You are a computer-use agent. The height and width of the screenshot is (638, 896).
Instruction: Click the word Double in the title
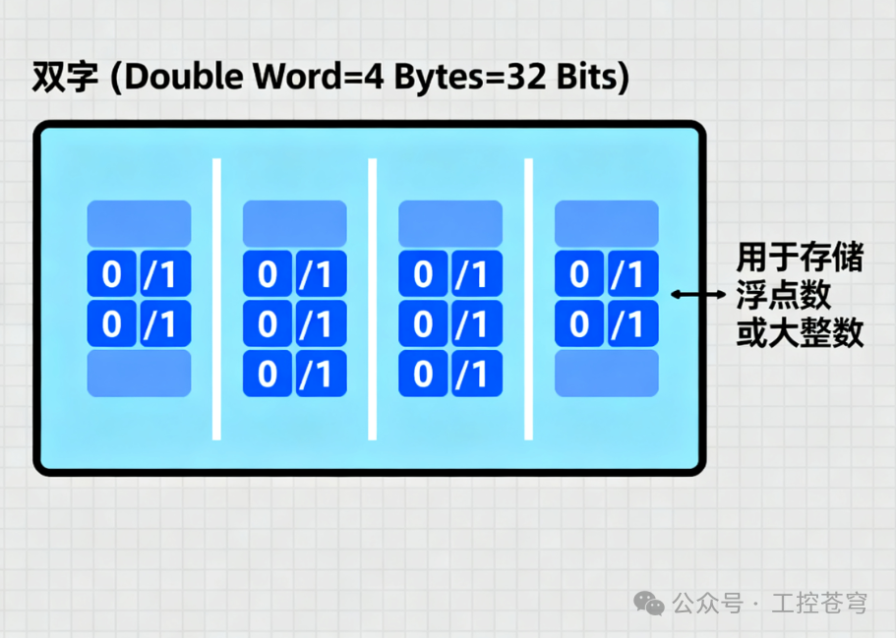pos(184,77)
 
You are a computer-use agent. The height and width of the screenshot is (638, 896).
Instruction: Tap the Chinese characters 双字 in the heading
pos(65,77)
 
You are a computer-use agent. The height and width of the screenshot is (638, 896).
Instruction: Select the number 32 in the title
pos(526,77)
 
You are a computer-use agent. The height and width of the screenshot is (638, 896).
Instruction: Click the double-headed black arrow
pos(697,295)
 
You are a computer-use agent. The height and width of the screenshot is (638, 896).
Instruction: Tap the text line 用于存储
pos(800,257)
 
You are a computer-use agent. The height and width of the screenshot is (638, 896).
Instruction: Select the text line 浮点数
pos(784,295)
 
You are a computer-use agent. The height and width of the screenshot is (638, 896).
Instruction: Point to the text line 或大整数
pos(800,332)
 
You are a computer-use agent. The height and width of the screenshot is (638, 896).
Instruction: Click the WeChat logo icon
pos(649,604)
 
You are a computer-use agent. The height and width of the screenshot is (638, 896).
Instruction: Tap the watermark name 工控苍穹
pos(819,604)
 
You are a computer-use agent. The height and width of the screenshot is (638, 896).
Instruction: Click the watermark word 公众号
pos(708,604)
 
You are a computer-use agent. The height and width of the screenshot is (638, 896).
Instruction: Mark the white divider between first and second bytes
pos(216,299)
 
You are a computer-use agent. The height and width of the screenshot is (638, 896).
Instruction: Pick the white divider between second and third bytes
pos(373,299)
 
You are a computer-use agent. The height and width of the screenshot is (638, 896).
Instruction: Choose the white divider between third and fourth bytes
pos(528,299)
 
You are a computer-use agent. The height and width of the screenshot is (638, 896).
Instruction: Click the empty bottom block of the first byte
pos(139,374)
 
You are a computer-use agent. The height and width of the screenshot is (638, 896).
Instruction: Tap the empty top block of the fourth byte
pos(607,223)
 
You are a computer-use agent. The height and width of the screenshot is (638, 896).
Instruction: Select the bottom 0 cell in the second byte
pos(268,374)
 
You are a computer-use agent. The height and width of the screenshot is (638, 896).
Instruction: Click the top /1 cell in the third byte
pos(477,273)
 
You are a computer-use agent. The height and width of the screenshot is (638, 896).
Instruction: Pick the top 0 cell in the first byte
pos(111,273)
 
